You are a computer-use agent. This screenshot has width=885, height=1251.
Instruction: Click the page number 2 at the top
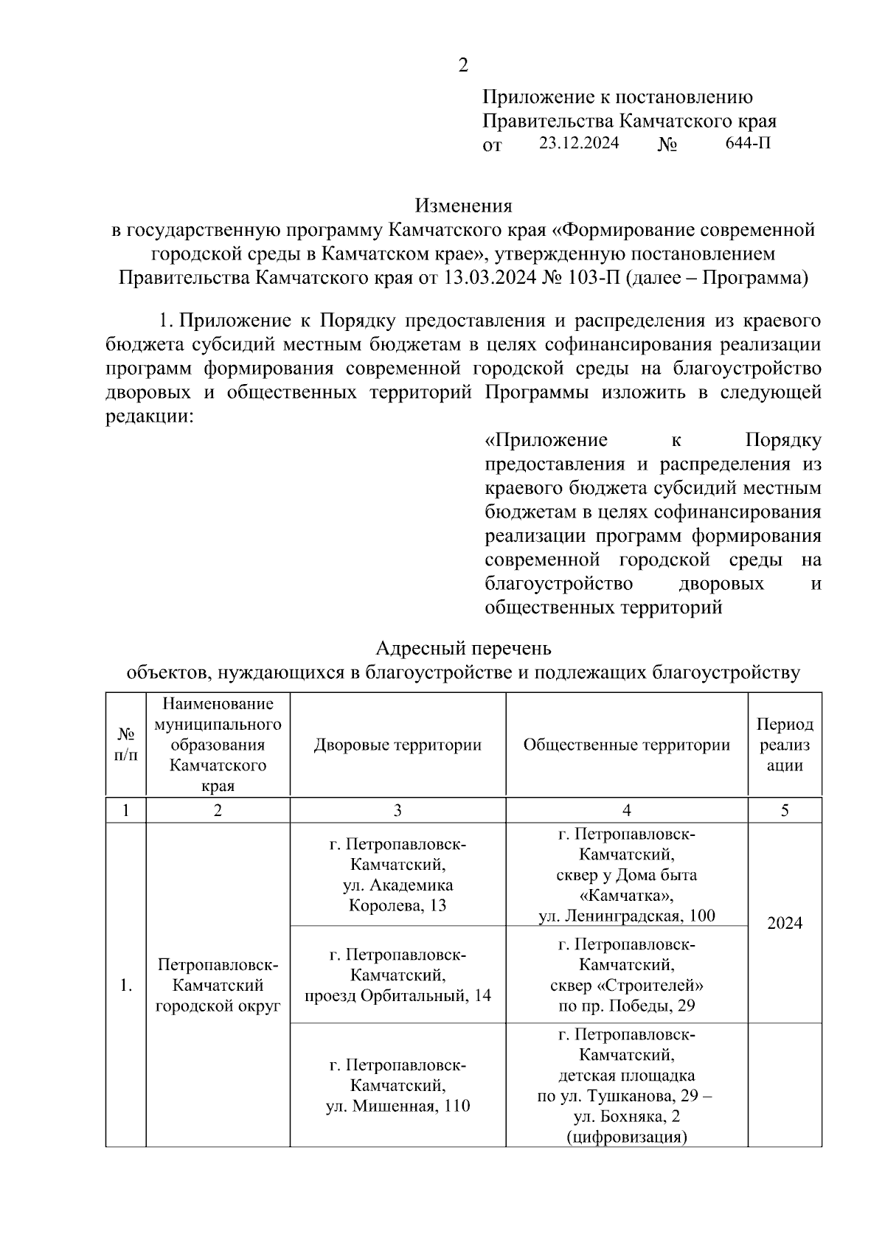pyautogui.click(x=463, y=66)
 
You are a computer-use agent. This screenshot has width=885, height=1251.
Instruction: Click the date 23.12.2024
pyautogui.click(x=579, y=143)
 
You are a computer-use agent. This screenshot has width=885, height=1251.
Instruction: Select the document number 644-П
pyautogui.click(x=749, y=143)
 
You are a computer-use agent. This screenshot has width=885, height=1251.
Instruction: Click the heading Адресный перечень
pyautogui.click(x=463, y=648)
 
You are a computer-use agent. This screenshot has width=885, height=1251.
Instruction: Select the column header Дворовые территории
pyautogui.click(x=398, y=745)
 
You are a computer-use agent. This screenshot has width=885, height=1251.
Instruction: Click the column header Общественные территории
pyautogui.click(x=626, y=745)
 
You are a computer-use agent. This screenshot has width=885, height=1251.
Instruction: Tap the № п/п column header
pyautogui.click(x=126, y=745)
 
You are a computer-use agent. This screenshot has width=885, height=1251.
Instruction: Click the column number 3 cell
pyautogui.click(x=398, y=810)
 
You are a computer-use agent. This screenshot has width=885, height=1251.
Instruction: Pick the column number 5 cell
pyautogui.click(x=784, y=810)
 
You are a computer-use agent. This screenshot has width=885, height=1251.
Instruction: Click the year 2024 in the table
pyautogui.click(x=784, y=923)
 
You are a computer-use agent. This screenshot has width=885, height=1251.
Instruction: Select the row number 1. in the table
pyautogui.click(x=126, y=986)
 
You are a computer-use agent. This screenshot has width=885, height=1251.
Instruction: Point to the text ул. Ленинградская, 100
pyautogui.click(x=626, y=916)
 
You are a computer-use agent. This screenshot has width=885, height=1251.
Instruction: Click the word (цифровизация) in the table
pyautogui.click(x=626, y=1137)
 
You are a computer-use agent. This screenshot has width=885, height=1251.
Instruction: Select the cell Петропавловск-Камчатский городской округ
pyautogui.click(x=218, y=986)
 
